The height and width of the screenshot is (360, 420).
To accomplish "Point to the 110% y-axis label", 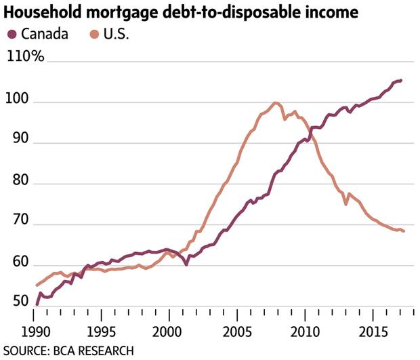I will pos(25,57).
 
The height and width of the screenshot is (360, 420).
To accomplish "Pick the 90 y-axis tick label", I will pos(16,144).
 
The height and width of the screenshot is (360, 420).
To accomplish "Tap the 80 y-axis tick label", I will pos(16,184).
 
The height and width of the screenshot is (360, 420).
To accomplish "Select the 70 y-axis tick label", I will pos(16,225).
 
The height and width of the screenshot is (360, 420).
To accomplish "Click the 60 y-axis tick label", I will pos(16,266).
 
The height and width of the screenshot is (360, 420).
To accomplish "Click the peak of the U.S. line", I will pos(275,103).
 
